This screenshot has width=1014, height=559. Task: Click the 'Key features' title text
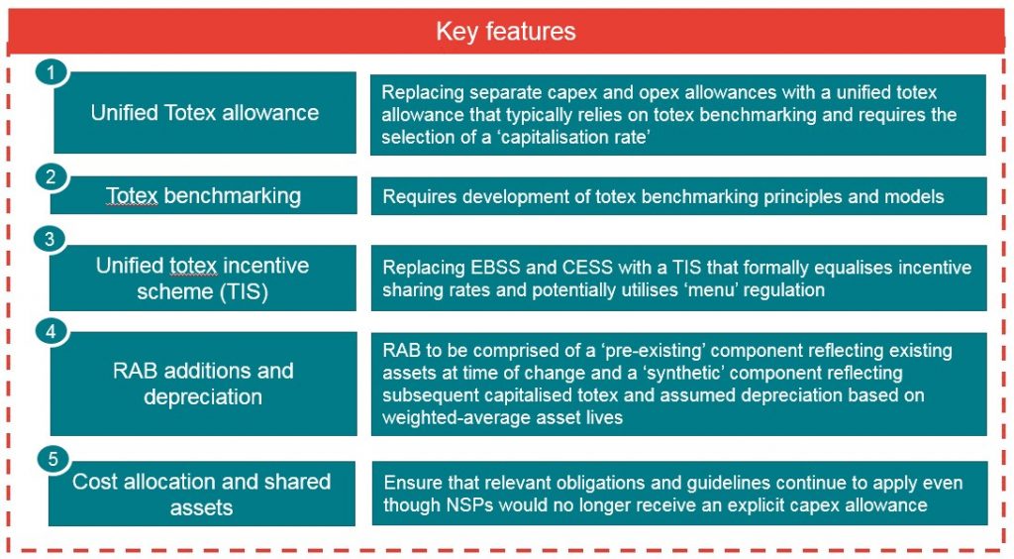[x=506, y=32]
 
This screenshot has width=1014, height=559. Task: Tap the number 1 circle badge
[x=51, y=71]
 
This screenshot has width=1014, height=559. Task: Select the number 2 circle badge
[x=51, y=176]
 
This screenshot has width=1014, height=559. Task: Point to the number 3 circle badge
[x=50, y=239]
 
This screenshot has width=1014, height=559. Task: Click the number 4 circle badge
[x=51, y=332]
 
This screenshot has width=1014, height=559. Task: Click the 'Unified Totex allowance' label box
[x=205, y=113]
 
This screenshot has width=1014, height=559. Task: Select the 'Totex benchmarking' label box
[x=204, y=195]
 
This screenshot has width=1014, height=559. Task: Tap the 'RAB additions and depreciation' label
[x=204, y=384]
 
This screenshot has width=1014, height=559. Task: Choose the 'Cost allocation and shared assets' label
[x=202, y=494]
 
